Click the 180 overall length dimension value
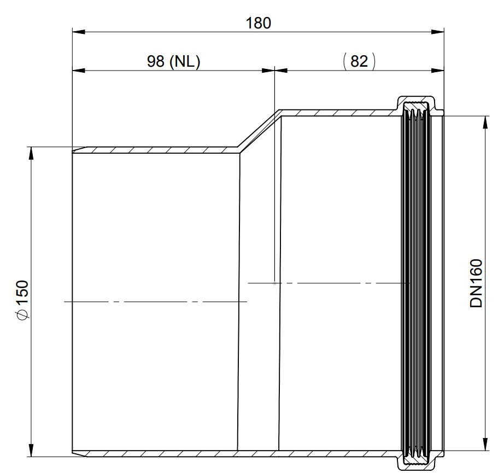(x=258, y=23)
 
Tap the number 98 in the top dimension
(x=156, y=61)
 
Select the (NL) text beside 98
(x=185, y=61)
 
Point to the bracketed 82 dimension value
(x=359, y=61)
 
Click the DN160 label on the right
(x=476, y=283)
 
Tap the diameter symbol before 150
(x=23, y=314)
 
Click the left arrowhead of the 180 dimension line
(x=79, y=32)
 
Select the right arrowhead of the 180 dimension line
(x=437, y=32)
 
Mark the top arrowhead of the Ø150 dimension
(x=31, y=154)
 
